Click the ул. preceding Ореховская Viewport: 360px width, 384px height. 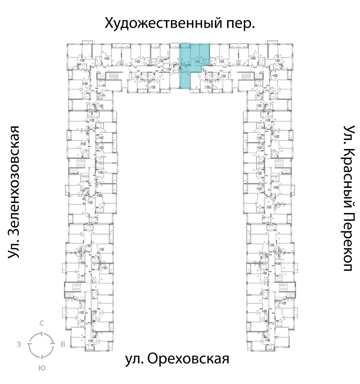[x=135, y=359]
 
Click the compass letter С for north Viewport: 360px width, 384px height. [x=42, y=323]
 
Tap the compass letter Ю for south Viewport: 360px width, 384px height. [x=42, y=368]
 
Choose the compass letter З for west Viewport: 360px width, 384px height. [x=18, y=344]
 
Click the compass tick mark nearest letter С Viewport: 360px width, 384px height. [x=42, y=333]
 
